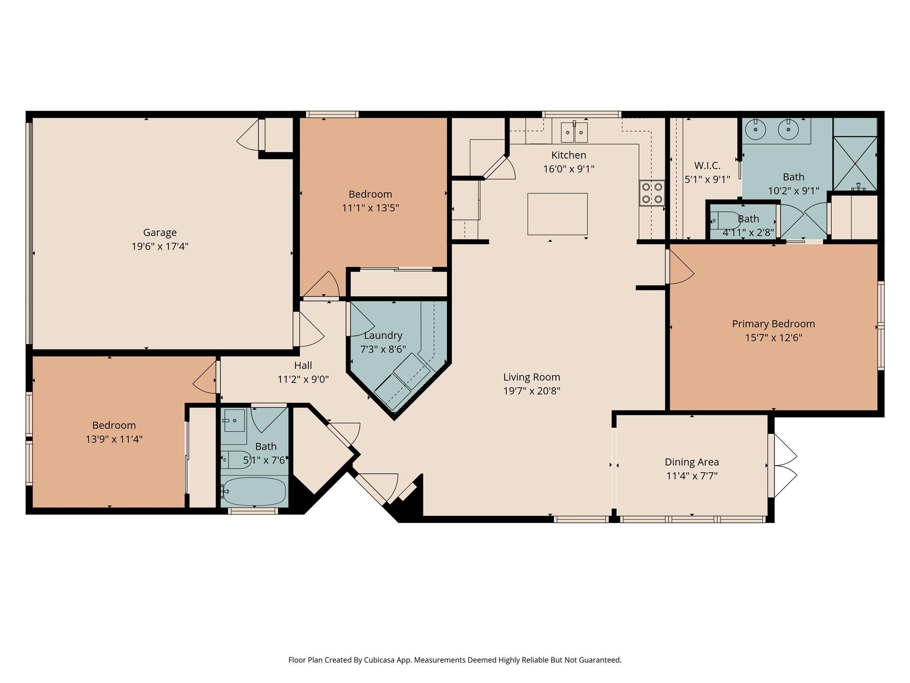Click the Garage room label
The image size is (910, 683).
tap(160, 232)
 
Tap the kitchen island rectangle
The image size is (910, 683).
tap(557, 214)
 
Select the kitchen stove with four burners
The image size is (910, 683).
tap(652, 193)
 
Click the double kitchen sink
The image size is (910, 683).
tap(574, 132)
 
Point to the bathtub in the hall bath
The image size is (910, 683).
tap(254, 491)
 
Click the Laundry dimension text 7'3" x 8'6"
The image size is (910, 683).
tap(383, 349)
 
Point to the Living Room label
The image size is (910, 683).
tap(531, 377)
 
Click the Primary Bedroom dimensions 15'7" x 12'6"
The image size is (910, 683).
tap(773, 337)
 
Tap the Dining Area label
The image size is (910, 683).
tap(691, 462)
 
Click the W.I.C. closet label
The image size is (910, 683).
tap(707, 165)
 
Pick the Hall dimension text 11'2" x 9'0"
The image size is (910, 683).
tap(303, 379)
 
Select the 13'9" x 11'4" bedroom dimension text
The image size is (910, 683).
tap(114, 439)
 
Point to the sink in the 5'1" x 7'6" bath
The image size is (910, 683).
tap(234, 420)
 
